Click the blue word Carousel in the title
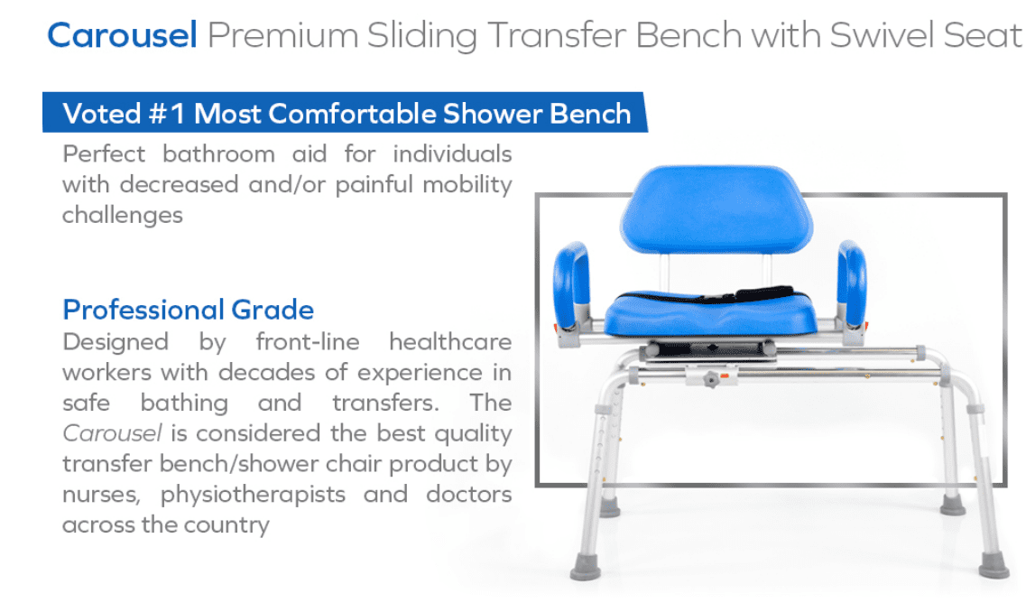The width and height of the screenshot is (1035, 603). (x=122, y=35)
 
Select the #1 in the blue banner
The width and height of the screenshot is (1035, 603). (x=167, y=114)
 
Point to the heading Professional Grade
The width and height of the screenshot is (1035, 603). (x=188, y=310)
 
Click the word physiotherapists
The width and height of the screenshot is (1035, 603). (x=253, y=494)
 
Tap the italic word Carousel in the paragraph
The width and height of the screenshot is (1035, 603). (x=112, y=433)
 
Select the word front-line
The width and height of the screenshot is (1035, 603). (x=308, y=342)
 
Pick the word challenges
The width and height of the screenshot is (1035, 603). (x=122, y=216)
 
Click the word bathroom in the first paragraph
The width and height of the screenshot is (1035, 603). (x=218, y=153)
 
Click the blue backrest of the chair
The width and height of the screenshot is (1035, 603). (x=716, y=209)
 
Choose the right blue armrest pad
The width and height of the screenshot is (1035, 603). (x=852, y=283)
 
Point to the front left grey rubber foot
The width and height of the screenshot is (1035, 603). (x=586, y=567)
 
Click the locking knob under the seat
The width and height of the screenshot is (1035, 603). (x=710, y=380)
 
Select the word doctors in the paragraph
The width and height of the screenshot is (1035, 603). (x=468, y=494)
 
